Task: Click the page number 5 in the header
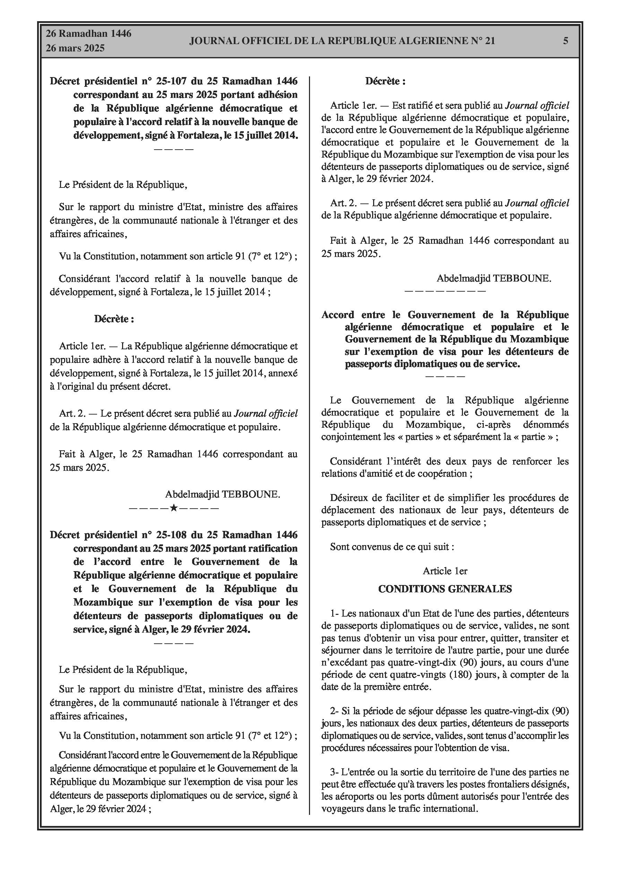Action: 566,41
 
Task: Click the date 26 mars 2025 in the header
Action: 75,49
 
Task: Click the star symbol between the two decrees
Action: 174,508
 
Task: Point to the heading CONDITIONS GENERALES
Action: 445,589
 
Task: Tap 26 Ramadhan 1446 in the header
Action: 88,34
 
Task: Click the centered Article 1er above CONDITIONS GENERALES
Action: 445,571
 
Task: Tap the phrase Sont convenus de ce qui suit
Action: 392,546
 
